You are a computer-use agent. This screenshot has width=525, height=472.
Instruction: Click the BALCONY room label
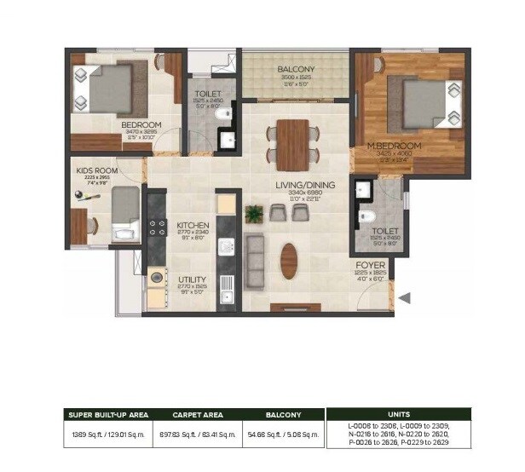(296, 70)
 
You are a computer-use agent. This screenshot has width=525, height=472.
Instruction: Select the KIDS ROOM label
(95, 170)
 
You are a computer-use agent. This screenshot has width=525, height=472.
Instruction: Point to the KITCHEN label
(193, 225)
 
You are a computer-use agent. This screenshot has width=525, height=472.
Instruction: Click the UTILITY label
(192, 279)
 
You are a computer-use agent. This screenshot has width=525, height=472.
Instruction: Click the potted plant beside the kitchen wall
(253, 213)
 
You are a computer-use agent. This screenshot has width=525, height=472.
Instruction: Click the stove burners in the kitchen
(157, 227)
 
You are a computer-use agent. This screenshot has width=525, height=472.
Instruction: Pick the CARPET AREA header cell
(197, 415)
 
